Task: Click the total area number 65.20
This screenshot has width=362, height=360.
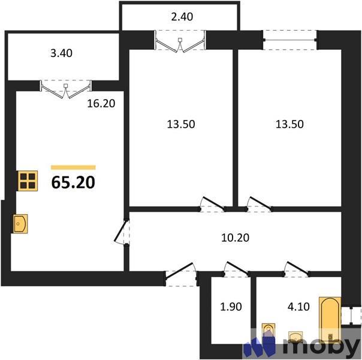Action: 73,182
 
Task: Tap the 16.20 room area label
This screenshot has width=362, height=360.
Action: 100,103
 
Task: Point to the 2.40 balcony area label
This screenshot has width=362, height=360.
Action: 182,17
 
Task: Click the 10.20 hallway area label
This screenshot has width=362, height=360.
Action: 234,237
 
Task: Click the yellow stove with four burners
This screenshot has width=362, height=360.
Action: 26,181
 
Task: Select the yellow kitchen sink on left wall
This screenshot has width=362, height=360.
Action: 20,224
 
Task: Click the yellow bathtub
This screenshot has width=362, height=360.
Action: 329,317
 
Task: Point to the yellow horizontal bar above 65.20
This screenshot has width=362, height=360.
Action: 73,167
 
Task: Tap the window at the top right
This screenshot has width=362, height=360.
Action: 290,40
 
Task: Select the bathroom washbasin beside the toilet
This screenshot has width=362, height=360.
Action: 296,337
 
